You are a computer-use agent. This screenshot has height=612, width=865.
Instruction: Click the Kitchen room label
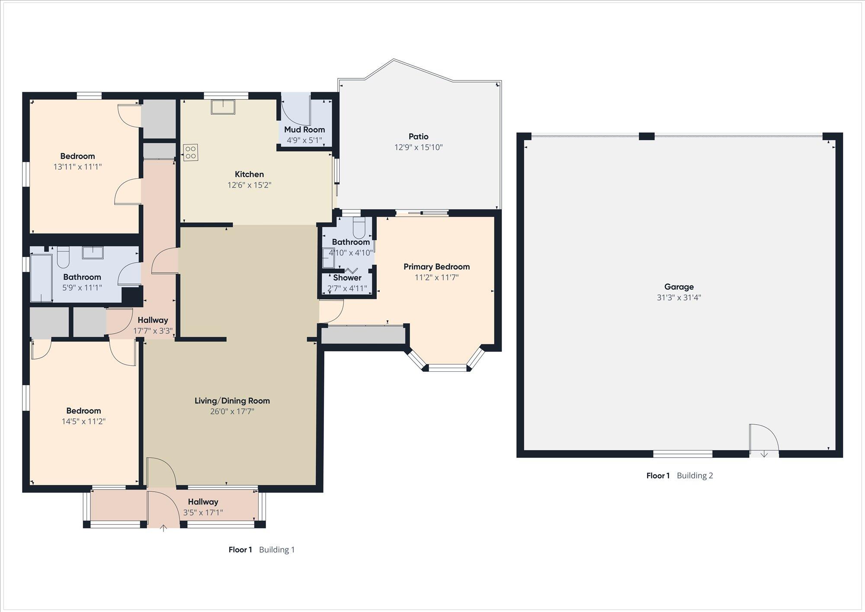tap(249, 174)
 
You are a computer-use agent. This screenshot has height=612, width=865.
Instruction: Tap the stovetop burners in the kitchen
tap(191, 152)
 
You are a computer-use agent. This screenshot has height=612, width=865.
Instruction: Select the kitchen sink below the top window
tap(223, 107)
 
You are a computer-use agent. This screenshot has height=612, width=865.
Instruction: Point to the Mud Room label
tap(304, 129)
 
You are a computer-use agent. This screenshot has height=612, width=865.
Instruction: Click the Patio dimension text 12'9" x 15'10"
tap(418, 147)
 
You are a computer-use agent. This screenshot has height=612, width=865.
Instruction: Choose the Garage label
tap(679, 287)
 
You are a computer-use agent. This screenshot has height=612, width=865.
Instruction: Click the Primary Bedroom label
tap(436, 267)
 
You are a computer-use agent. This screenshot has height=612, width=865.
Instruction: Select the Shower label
tap(347, 278)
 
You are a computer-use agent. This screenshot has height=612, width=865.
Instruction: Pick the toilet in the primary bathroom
tap(359, 226)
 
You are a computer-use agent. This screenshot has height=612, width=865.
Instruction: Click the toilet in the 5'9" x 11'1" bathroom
tap(63, 257)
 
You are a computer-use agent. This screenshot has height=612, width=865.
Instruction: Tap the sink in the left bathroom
tap(93, 252)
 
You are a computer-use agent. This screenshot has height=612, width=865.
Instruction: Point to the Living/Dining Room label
tap(232, 401)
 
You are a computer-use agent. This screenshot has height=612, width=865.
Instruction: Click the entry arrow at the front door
tap(163, 528)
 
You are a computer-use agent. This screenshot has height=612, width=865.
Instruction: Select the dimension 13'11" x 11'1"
tap(77, 167)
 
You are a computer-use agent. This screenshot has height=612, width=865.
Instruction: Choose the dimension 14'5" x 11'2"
tap(83, 422)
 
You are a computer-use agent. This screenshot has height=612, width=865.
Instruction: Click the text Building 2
tap(695, 476)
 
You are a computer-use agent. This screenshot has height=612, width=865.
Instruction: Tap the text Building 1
tap(277, 550)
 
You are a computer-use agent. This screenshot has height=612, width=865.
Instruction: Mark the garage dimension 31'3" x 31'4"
tap(679, 298)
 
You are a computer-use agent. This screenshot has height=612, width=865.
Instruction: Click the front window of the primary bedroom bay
tap(447, 368)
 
